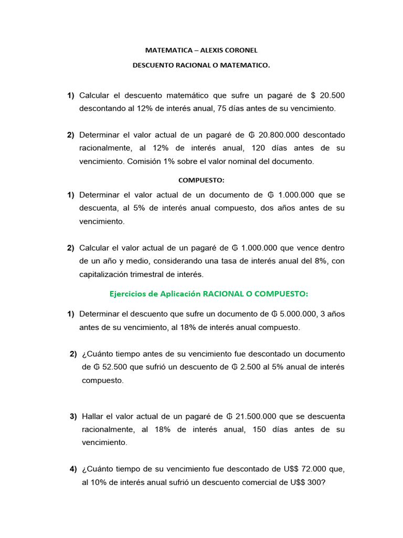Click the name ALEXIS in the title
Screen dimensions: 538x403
click(x=211, y=50)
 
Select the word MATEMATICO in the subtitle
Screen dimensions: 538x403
click(x=249, y=66)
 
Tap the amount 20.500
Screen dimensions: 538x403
click(x=332, y=95)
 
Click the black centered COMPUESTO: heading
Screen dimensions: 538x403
click(x=201, y=180)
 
